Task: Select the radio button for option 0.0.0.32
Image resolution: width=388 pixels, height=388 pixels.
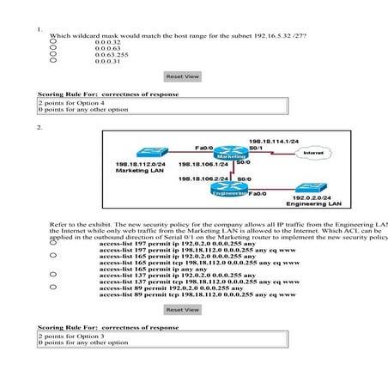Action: tap(54, 41)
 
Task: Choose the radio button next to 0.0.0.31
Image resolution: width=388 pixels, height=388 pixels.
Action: tap(54, 62)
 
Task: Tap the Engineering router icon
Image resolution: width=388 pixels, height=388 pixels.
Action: tap(228, 191)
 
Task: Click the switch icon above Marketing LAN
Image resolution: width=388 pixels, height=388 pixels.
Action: tap(137, 150)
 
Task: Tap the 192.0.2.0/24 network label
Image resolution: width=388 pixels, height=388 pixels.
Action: tap(313, 198)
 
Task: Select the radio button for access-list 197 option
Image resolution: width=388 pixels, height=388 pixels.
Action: tap(54, 244)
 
